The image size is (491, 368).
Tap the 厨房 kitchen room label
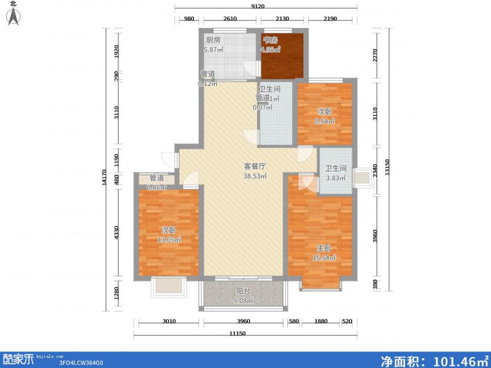213,40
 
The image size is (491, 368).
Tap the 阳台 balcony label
243,291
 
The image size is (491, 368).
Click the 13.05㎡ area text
168,240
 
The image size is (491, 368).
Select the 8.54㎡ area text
325,121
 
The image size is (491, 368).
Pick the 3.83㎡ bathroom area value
336,178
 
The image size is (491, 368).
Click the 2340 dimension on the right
376,169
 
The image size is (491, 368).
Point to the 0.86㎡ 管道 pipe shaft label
157,182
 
